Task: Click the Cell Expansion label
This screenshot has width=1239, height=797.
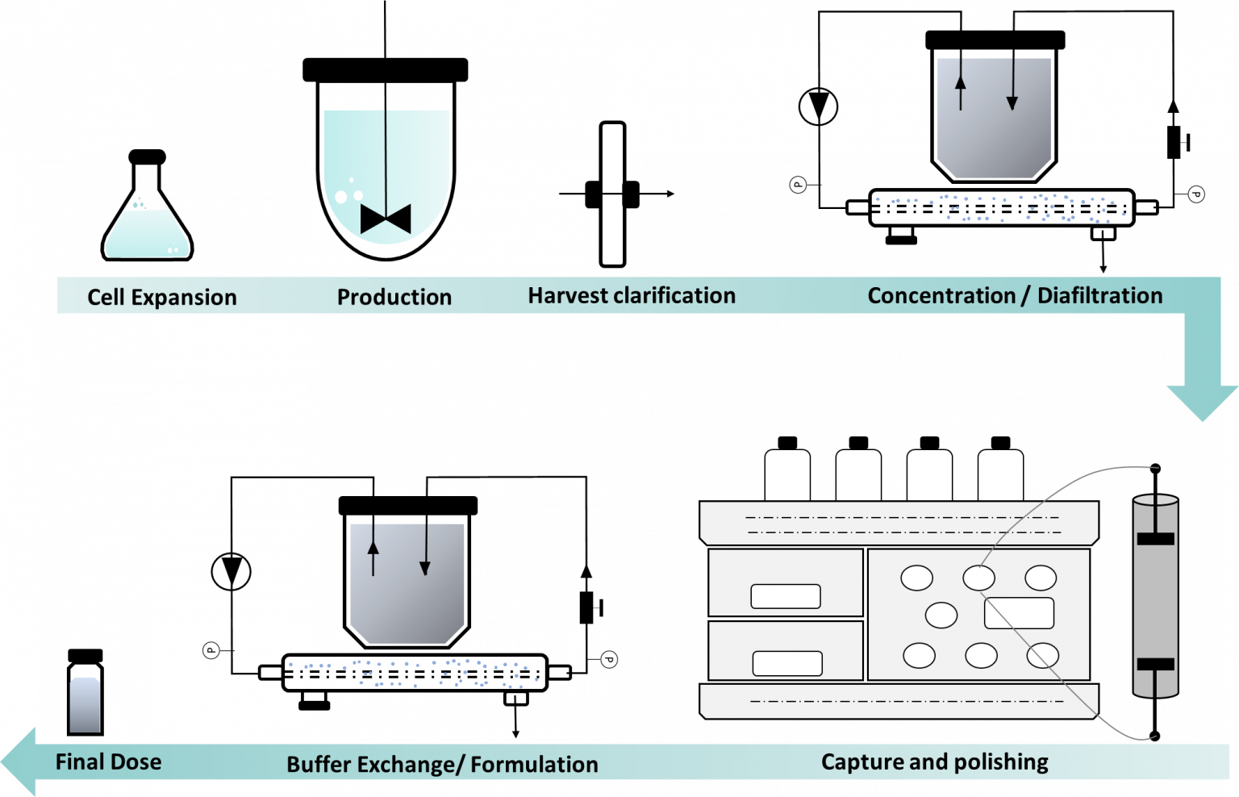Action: pyautogui.click(x=161, y=297)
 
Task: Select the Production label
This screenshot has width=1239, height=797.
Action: pyautogui.click(x=394, y=297)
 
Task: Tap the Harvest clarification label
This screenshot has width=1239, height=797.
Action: pyautogui.click(x=632, y=295)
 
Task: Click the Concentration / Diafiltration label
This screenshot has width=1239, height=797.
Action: pyautogui.click(x=1015, y=295)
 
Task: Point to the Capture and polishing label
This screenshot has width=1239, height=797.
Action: pyautogui.click(x=934, y=762)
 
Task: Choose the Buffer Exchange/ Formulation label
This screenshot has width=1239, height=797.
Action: pyautogui.click(x=442, y=764)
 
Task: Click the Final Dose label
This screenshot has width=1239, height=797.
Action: pyautogui.click(x=108, y=762)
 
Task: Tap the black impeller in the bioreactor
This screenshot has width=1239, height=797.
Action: pyautogui.click(x=386, y=219)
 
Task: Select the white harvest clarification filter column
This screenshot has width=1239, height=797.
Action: pyautogui.click(x=612, y=194)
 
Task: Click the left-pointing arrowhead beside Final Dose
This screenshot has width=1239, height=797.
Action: pyautogui.click(x=18, y=762)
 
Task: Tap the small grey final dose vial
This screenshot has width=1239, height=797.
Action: pyautogui.click(x=85, y=704)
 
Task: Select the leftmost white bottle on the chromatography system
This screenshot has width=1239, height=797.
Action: pyautogui.click(x=786, y=476)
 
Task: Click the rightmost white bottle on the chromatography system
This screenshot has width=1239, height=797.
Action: pyautogui.click(x=1000, y=476)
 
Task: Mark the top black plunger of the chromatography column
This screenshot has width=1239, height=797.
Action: pyautogui.click(x=1155, y=538)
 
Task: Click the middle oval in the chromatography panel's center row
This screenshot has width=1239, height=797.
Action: pyautogui.click(x=941, y=615)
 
